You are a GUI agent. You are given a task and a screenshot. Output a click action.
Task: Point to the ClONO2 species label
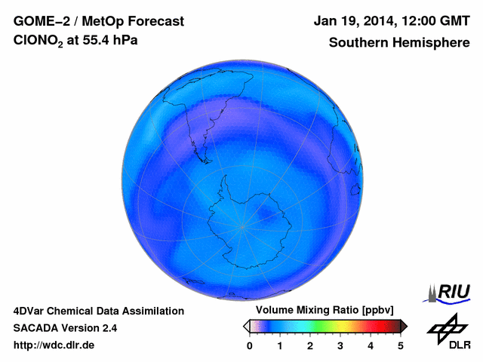38,43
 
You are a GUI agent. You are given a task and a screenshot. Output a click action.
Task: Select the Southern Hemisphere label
398,43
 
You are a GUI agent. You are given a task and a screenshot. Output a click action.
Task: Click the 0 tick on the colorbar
250,345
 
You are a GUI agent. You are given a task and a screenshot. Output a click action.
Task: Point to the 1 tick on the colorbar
280,345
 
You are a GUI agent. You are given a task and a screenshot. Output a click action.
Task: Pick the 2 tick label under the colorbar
310,345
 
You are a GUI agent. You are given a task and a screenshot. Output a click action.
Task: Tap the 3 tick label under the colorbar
340,345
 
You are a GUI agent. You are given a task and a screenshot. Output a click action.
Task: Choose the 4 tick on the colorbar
371,345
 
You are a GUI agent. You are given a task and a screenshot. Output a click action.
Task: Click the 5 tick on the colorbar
401,345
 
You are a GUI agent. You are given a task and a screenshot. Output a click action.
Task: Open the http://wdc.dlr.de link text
54,345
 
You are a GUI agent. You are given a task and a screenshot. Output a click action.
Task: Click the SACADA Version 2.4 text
65,328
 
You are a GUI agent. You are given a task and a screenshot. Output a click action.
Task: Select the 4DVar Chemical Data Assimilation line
98,311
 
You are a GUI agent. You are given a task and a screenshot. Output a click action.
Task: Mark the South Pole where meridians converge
242,226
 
